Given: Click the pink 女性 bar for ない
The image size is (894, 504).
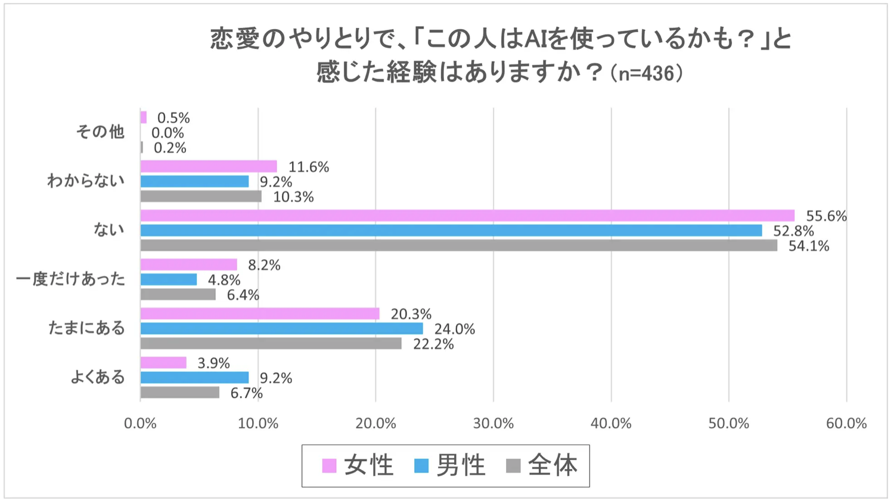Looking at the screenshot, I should pos(467,216).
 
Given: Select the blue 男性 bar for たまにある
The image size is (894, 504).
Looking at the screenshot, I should pos(281,329).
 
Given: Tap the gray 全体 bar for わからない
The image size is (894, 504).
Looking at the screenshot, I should pos(201,197).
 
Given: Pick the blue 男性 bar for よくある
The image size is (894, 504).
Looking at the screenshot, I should pos(194,378).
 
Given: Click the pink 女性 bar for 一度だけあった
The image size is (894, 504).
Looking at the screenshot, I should pos(188,265).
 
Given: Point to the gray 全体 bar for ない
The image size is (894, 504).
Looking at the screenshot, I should pos(458,245).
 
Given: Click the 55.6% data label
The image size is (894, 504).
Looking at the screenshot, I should pos(826,216).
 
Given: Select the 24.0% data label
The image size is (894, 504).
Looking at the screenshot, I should pos(454,329).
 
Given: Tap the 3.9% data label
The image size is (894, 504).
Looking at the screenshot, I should pos(213,363).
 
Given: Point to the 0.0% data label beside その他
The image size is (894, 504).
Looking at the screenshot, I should pos(167,133).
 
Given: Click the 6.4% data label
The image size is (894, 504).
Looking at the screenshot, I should pos(243,295).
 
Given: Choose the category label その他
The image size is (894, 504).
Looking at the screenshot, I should pos(100,132).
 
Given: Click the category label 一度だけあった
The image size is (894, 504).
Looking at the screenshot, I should pos(70,279).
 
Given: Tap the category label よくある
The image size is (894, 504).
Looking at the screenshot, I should pos(98,377).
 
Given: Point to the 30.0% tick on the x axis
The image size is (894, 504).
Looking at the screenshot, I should pos(493,424).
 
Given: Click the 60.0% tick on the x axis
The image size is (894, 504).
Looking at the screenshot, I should pos(846,424).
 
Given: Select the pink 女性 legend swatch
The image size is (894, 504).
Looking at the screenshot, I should pos(329,466).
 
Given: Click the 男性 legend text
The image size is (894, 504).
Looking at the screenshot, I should pos(461,465).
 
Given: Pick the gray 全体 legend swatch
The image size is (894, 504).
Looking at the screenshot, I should pos(513,466).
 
